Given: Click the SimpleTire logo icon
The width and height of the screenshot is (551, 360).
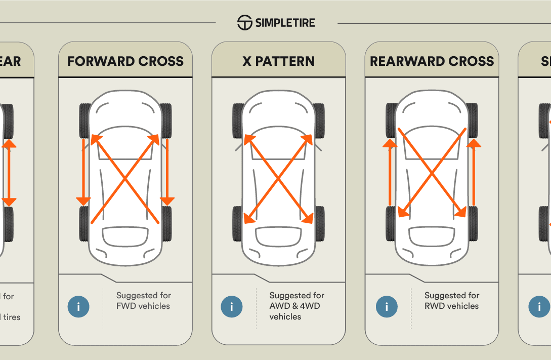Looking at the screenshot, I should pos(245,23).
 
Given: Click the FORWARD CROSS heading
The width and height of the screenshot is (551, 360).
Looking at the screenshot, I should pos(125,61).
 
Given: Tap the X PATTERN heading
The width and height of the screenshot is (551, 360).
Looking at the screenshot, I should pos(278,61).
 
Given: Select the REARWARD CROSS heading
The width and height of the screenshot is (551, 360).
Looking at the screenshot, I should pos(432,61).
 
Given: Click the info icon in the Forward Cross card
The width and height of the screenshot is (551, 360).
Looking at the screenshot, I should pos(78,306).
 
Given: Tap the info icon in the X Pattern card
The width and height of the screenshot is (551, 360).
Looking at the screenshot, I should pos(232,306).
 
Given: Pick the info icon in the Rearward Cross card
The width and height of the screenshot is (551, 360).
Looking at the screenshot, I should pos(387,306).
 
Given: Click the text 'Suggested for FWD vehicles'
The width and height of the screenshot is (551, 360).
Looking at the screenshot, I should pos(144,301).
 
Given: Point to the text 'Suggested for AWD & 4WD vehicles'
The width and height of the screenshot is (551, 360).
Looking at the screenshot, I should pos(296,306).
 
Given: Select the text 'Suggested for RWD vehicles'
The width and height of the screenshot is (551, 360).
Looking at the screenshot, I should pos(451,301).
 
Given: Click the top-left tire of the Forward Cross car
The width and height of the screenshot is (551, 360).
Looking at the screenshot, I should pos(84,121).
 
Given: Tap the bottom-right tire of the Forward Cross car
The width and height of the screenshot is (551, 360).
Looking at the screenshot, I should pos(166,224).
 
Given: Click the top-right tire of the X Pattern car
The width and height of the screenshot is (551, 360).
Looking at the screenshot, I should pos(319,121).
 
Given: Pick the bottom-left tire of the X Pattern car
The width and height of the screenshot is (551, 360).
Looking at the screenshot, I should pos(238,224).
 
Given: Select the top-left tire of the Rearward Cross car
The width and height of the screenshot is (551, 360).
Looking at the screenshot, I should pos(391,121).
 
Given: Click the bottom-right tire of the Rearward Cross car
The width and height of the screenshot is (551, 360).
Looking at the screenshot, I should pos(473,224).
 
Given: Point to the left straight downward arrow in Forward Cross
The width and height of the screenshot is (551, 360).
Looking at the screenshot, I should pos(83,172).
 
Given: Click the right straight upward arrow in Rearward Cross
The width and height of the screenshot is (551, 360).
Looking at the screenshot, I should pos(474,172).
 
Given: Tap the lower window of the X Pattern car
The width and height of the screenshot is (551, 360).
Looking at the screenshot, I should pos(278,235).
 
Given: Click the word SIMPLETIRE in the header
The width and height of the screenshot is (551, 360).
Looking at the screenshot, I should pos(285,23).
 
